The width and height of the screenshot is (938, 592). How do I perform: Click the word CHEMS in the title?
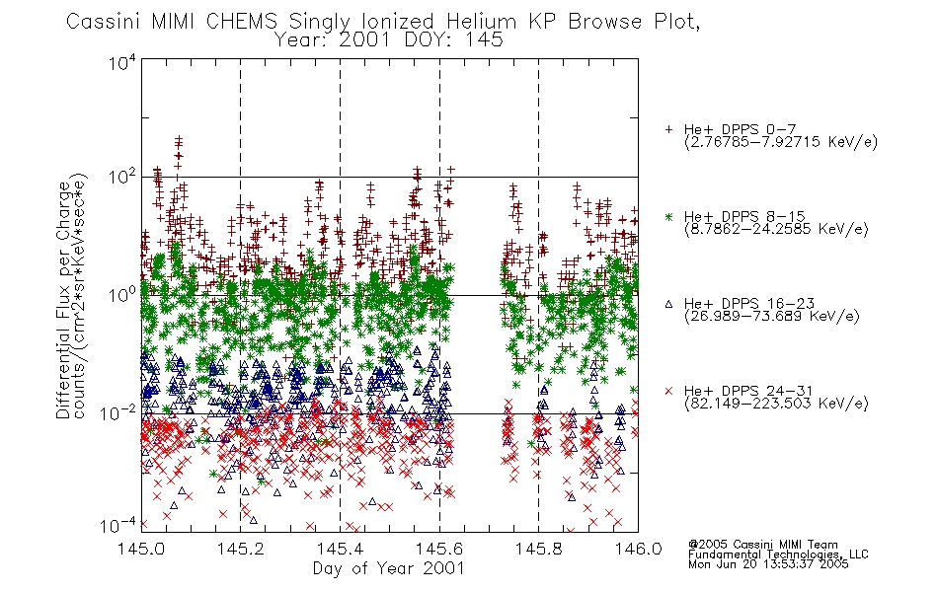click(242, 22)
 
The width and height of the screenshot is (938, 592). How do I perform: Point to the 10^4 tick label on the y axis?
click(121, 62)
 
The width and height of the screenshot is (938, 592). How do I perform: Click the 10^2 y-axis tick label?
click(121, 178)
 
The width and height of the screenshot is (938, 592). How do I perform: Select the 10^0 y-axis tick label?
click(121, 295)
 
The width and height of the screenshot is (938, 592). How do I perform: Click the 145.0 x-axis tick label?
click(141, 549)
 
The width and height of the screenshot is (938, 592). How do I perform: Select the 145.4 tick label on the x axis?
click(340, 549)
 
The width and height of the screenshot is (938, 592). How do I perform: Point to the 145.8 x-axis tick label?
click(538, 549)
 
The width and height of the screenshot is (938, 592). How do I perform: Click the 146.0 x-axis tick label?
click(638, 549)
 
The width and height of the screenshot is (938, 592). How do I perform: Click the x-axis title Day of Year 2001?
click(389, 568)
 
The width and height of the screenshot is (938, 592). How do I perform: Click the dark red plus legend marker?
click(669, 129)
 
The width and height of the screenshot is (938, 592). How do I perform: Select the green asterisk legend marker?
click(668, 216)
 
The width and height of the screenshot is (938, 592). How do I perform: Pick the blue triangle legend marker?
click(668, 304)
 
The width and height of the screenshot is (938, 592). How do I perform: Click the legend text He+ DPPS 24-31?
click(749, 391)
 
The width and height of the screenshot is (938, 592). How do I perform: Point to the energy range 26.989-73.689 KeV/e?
click(772, 317)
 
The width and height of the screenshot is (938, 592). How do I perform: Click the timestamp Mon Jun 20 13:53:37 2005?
click(768, 564)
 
